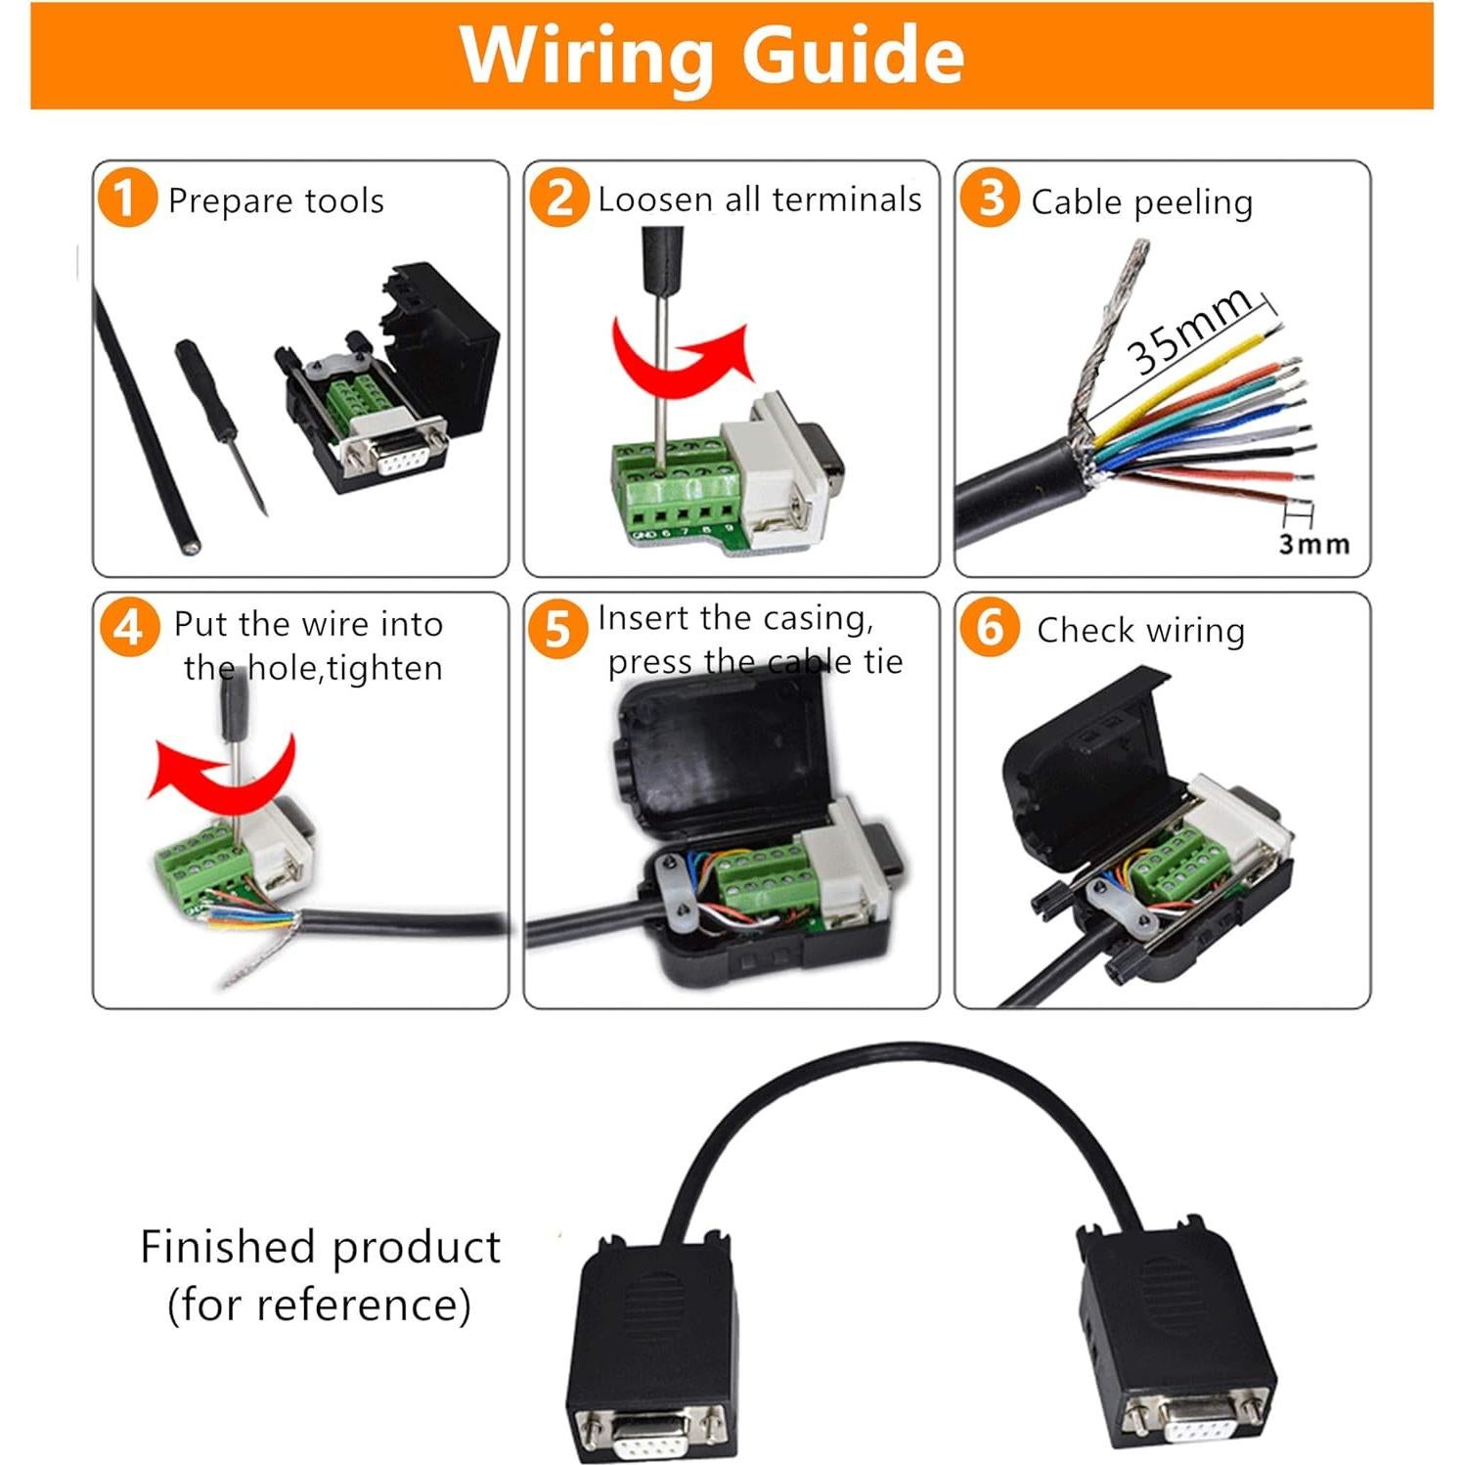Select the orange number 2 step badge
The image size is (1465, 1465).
coord(558,198)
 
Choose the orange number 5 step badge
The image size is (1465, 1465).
coord(557,629)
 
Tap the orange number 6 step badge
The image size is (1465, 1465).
coord(989,627)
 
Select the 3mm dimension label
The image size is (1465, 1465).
coord(1313,544)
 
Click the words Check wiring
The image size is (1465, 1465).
coord(1140,631)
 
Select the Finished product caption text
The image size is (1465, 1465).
coord(320,1275)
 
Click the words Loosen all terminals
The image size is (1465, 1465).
coord(759,200)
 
